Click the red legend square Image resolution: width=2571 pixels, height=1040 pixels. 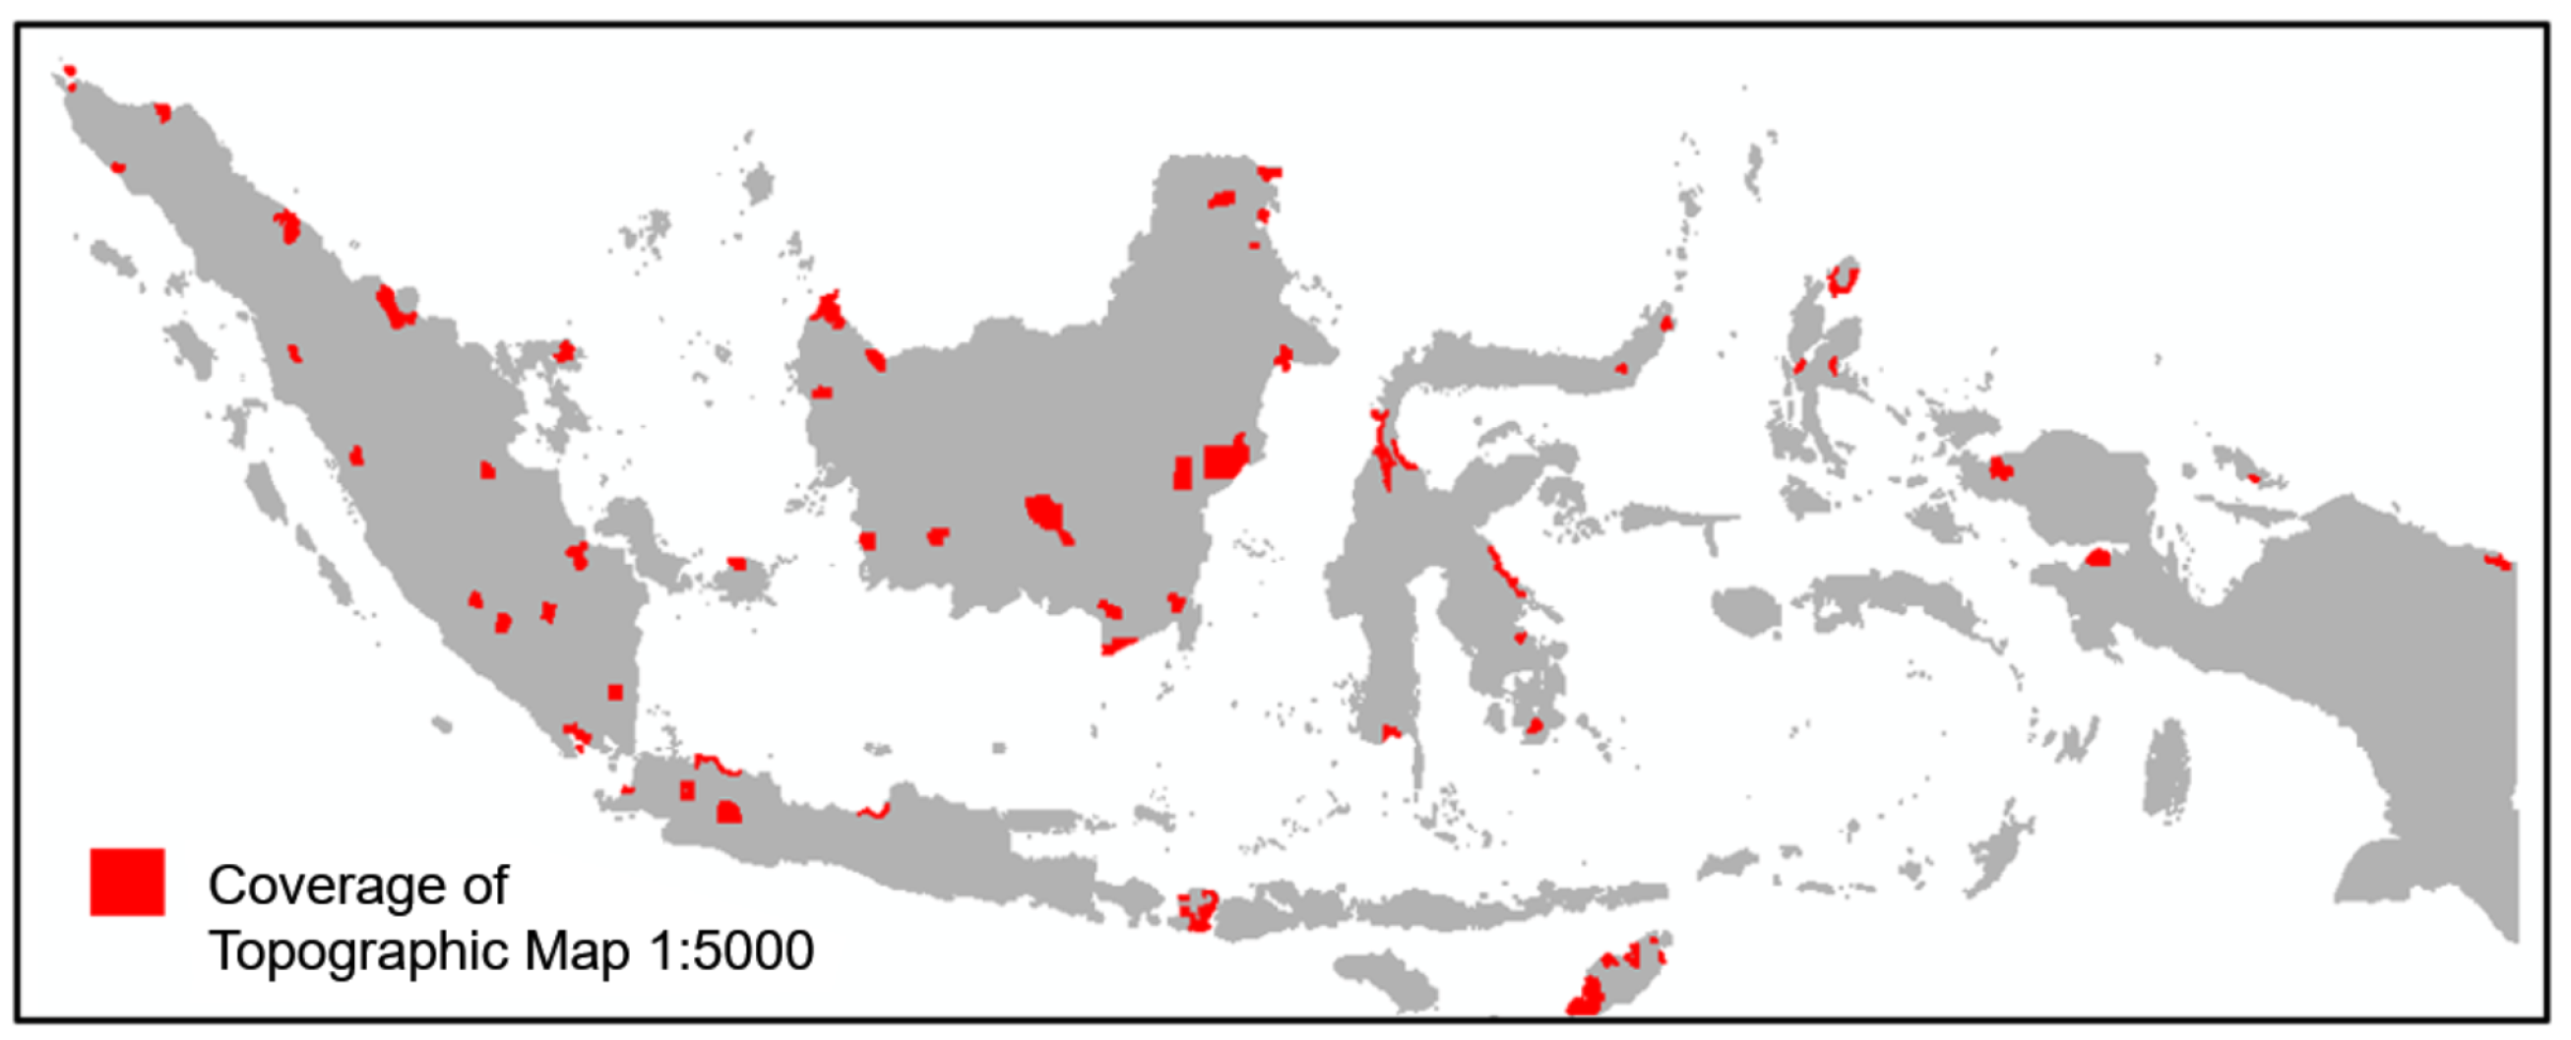(127, 882)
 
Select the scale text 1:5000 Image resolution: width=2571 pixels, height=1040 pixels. (730, 951)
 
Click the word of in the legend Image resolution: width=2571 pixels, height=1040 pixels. (485, 886)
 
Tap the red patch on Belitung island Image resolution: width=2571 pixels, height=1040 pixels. (736, 564)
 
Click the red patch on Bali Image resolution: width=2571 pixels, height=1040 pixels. (1197, 909)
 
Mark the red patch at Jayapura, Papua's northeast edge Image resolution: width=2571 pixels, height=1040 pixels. (2497, 562)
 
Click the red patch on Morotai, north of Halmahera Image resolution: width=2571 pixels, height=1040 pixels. (1843, 277)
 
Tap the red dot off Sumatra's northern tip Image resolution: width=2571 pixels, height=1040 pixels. (69, 71)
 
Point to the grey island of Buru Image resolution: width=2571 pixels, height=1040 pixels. (1745, 608)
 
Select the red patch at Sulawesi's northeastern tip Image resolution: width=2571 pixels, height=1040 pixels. (1665, 324)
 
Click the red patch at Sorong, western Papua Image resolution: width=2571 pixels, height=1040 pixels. (1999, 467)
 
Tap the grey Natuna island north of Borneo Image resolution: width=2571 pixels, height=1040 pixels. (759, 185)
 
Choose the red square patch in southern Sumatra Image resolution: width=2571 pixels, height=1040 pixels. (615, 692)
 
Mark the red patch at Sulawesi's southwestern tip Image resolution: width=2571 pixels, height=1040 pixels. (1389, 733)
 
